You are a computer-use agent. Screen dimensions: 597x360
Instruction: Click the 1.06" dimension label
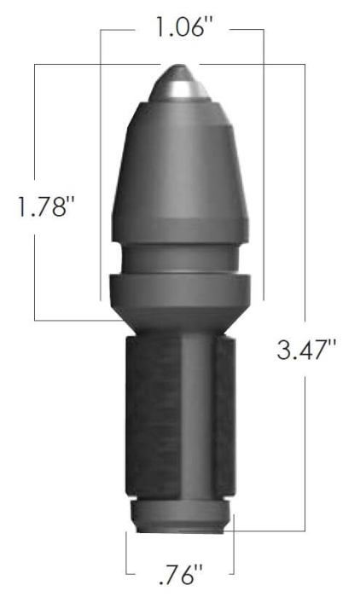(182, 29)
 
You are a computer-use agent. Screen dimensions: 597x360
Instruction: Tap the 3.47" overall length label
(306, 350)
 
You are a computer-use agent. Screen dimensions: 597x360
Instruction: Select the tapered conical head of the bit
(181, 171)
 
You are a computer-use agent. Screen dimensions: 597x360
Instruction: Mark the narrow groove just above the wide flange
(181, 257)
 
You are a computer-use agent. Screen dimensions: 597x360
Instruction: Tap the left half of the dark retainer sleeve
(152, 418)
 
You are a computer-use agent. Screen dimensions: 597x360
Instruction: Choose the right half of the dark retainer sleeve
(223, 418)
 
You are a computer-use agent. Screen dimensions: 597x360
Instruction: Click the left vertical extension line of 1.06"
(101, 171)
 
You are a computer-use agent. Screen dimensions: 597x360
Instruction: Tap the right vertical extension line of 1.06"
(263, 171)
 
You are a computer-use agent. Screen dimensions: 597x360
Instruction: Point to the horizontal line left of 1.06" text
(119, 30)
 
